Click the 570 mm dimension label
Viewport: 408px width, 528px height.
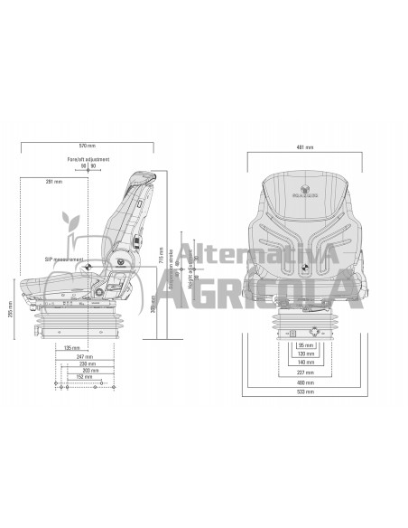pyautogui.click(x=86, y=146)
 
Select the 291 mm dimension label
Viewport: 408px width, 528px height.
pyautogui.click(x=54, y=183)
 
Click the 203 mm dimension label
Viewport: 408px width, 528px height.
pyautogui.click(x=88, y=371)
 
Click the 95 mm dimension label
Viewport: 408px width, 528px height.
pyautogui.click(x=309, y=344)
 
